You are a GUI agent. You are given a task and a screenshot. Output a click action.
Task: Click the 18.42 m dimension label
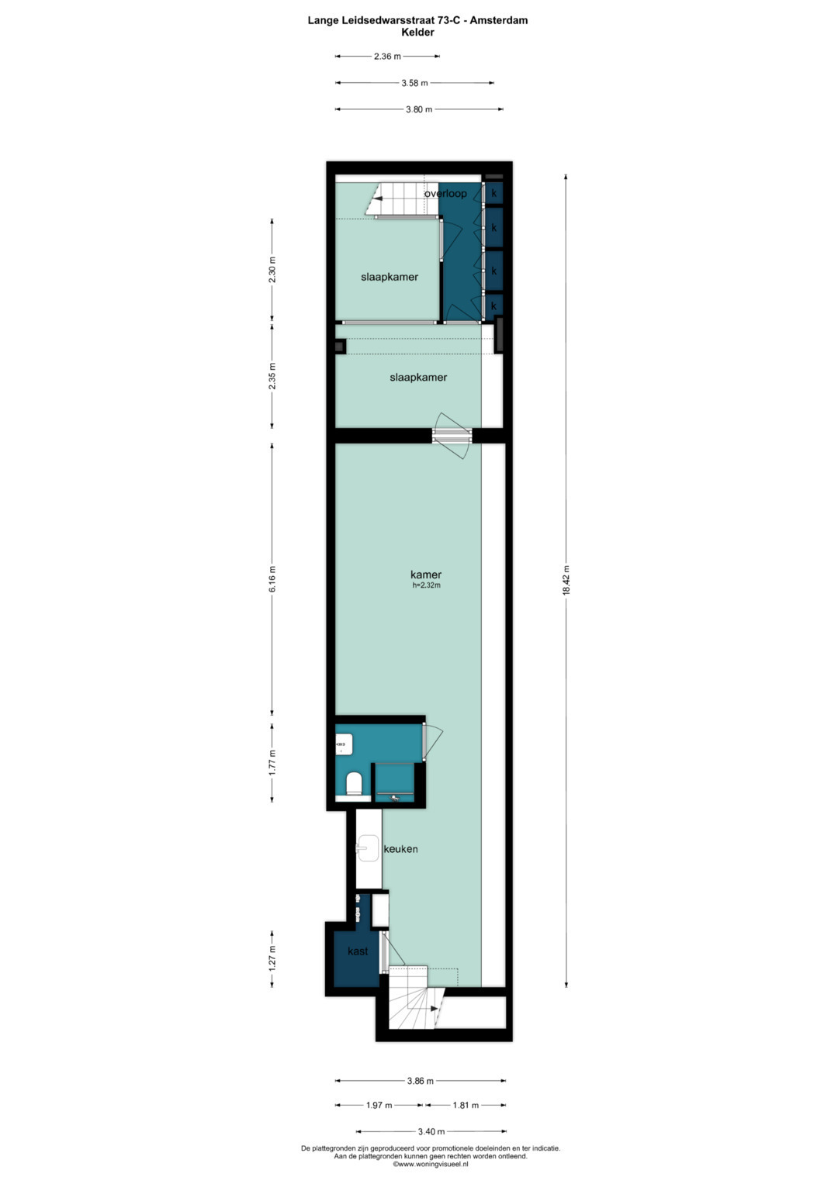click(x=566, y=580)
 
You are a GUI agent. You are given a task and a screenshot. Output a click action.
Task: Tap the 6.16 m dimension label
click(x=272, y=578)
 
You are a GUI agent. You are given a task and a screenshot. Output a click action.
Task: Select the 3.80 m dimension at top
click(x=419, y=109)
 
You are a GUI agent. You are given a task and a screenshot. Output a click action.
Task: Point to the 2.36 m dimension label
click(x=387, y=56)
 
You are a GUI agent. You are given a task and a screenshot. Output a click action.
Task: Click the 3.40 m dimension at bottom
click(x=431, y=1131)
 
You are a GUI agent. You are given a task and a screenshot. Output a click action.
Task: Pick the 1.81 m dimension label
click(x=466, y=1105)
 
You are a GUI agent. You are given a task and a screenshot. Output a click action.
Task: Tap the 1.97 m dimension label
click(x=379, y=1105)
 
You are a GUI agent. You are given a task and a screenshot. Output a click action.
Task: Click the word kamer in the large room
click(x=426, y=575)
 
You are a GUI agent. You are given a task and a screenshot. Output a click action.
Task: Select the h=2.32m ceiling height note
click(x=426, y=585)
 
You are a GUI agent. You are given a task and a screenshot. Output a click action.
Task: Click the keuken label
click(x=401, y=849)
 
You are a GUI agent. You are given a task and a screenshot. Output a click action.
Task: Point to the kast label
click(x=358, y=951)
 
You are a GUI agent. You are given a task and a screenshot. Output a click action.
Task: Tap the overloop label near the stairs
click(x=445, y=193)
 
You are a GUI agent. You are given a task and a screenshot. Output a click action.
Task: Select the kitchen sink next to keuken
click(x=368, y=848)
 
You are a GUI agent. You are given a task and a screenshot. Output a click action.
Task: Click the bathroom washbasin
click(x=343, y=744)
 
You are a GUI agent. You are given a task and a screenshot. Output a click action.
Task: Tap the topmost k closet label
click(x=493, y=193)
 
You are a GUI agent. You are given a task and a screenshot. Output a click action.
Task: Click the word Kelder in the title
click(x=417, y=33)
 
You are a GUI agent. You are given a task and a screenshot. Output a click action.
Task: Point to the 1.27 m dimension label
click(x=272, y=958)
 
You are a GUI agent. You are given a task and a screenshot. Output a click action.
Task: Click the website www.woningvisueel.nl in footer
click(x=431, y=1164)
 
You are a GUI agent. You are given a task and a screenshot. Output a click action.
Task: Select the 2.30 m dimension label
click(x=272, y=269)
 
